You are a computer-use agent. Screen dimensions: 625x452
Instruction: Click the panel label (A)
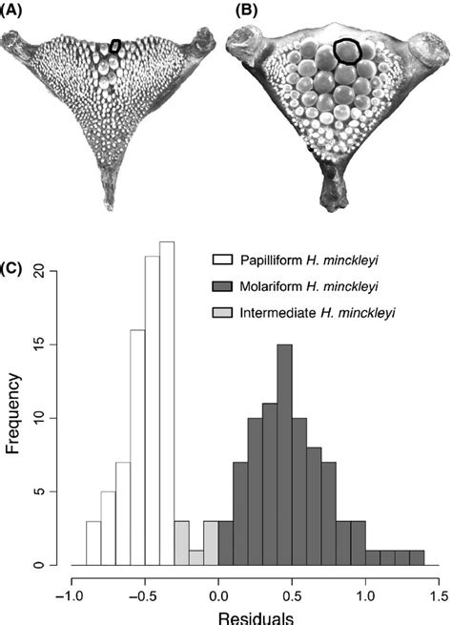tap(16, 10)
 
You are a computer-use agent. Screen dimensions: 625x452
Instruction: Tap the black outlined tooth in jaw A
tap(115, 46)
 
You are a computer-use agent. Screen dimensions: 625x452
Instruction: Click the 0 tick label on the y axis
tap(54, 566)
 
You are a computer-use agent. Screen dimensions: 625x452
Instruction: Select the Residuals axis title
tap(255, 616)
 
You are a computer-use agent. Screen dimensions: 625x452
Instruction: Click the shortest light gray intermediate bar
tap(196, 557)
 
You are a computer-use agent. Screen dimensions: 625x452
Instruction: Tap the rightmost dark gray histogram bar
tap(417, 557)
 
